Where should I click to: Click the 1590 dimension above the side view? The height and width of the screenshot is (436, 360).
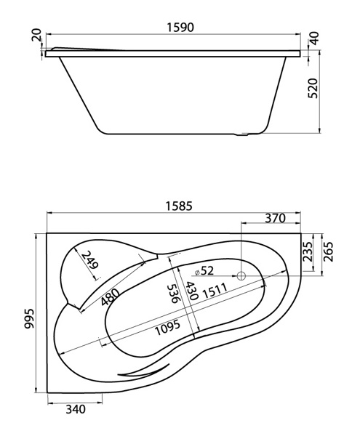(x=180, y=28)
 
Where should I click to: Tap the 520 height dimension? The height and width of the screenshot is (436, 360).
(x=313, y=88)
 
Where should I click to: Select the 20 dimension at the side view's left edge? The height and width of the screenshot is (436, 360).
(x=36, y=35)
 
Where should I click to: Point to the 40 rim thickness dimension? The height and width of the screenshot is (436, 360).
(x=314, y=39)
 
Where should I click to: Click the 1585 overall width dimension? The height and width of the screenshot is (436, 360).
(x=179, y=206)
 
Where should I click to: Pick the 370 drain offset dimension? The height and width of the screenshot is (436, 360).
(x=275, y=218)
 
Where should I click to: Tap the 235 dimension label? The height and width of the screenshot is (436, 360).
(x=307, y=251)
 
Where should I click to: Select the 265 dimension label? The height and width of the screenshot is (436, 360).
(x=328, y=251)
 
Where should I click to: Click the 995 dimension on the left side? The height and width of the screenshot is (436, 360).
(x=29, y=318)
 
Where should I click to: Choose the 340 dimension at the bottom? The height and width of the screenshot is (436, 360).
(x=76, y=409)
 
